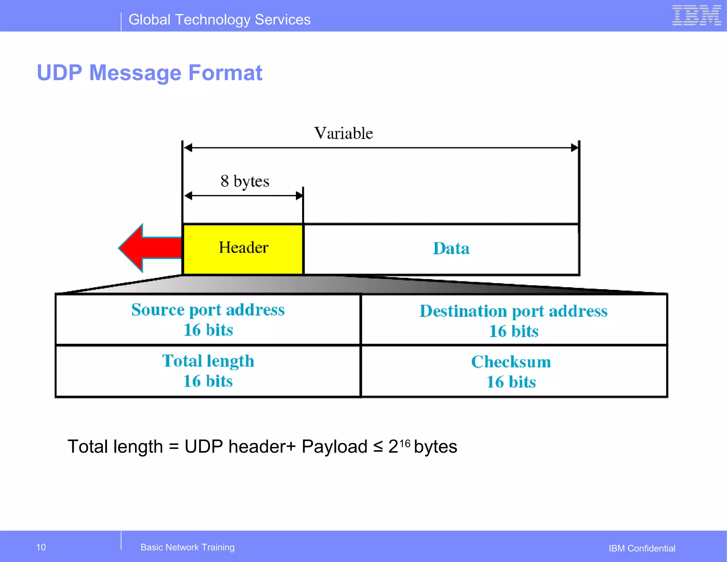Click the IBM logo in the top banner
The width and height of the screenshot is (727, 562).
[x=696, y=16]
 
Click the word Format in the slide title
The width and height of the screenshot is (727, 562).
[x=225, y=73]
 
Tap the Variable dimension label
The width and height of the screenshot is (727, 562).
[x=343, y=133]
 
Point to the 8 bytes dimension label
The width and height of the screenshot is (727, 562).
[x=245, y=181]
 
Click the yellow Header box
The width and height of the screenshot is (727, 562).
[x=243, y=248]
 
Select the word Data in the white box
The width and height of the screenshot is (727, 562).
[x=451, y=248]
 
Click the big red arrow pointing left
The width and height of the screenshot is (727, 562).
[x=149, y=248]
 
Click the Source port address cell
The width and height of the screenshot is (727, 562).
[x=208, y=319]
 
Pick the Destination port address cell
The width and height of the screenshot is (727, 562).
[x=514, y=320]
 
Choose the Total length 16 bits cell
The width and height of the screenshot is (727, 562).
[x=208, y=371]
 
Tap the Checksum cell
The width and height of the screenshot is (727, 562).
[x=511, y=371]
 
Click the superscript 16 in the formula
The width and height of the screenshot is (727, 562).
[x=405, y=443]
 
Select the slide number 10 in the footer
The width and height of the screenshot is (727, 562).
[x=41, y=547]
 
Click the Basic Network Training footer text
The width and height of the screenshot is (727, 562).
[x=187, y=547]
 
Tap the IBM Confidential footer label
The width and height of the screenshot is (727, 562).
[x=642, y=548]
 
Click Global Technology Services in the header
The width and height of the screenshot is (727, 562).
[x=219, y=20]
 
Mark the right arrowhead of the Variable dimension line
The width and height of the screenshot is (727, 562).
[x=574, y=148]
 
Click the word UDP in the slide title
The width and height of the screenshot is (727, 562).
[x=60, y=73]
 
